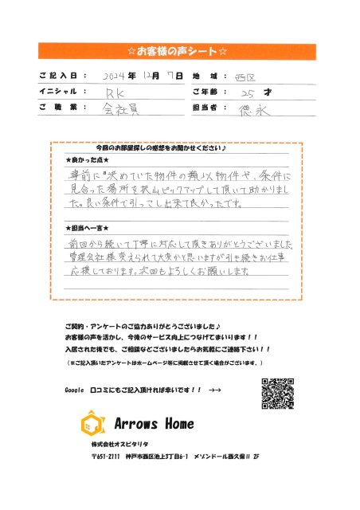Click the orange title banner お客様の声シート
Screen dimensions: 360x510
tap(179, 53)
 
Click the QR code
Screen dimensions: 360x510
tap(280, 392)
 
